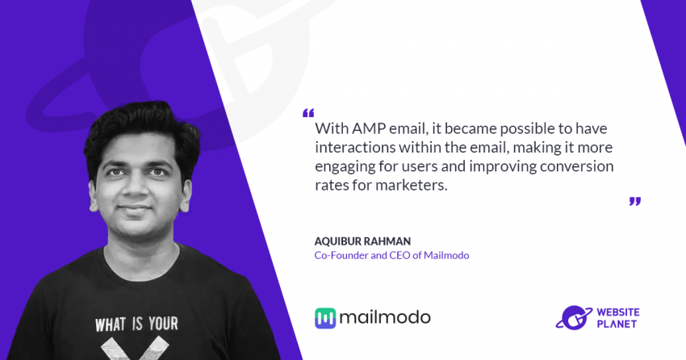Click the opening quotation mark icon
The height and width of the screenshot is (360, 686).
point(308,113)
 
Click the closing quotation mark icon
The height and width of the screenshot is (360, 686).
point(635,201)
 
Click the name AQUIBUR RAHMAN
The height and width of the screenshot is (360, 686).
point(362,241)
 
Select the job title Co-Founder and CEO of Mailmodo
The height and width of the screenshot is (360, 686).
point(391,255)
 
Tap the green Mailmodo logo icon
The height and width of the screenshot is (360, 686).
point(325,318)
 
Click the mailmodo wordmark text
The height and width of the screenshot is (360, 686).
point(385,317)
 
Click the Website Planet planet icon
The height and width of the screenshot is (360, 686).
point(574,317)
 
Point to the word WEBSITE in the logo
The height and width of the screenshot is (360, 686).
point(617,312)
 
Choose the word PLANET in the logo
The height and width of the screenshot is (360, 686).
point(617,324)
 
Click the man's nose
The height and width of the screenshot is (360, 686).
point(136,184)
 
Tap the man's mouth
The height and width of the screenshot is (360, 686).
point(136,208)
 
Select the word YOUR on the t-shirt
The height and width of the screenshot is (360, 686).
point(163,324)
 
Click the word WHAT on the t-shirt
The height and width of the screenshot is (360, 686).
point(111,325)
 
